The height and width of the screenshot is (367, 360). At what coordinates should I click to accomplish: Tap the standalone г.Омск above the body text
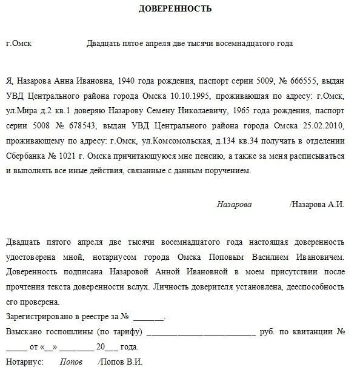[x=19, y=44]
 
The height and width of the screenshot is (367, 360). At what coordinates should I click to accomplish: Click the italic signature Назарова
[x=234, y=204]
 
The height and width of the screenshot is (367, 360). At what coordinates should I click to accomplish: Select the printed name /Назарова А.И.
[x=317, y=204]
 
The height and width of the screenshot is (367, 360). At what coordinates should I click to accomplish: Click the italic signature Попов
[x=71, y=362]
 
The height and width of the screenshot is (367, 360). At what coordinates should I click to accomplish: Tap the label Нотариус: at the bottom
[x=24, y=362]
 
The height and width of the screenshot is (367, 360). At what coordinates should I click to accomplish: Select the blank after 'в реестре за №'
[x=148, y=317]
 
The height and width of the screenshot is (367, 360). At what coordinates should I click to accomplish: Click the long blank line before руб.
[x=201, y=332]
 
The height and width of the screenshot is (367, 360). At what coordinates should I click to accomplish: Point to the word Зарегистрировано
[x=38, y=316]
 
